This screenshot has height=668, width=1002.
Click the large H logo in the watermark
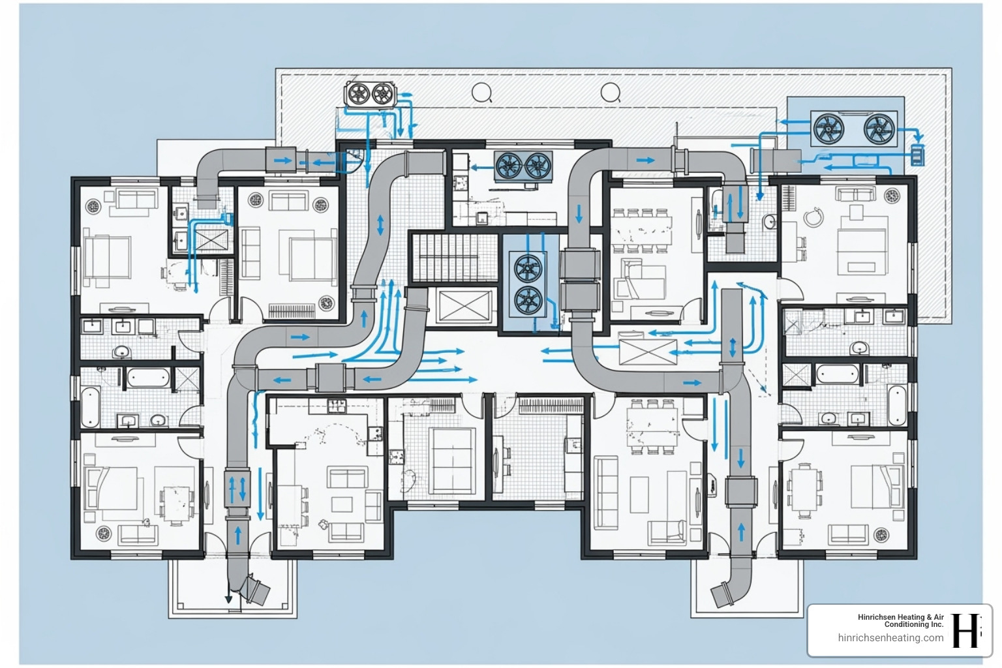(x=966, y=630)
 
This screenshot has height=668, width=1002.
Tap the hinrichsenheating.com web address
(x=890, y=638)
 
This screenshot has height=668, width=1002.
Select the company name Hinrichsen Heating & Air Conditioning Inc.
(x=901, y=620)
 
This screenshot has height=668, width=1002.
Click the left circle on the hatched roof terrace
(x=481, y=93)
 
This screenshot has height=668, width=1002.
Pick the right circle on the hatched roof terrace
(x=610, y=93)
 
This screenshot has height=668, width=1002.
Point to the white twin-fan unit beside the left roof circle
(x=370, y=95)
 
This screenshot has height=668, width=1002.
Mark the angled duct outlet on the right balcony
(x=721, y=593)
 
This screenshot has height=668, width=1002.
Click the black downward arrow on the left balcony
(x=228, y=598)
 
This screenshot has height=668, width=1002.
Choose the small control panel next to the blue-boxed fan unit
(x=917, y=155)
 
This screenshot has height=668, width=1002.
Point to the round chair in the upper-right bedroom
(x=812, y=217)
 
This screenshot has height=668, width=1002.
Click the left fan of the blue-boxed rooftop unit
(x=828, y=129)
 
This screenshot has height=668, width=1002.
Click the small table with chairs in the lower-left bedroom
(x=177, y=504)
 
